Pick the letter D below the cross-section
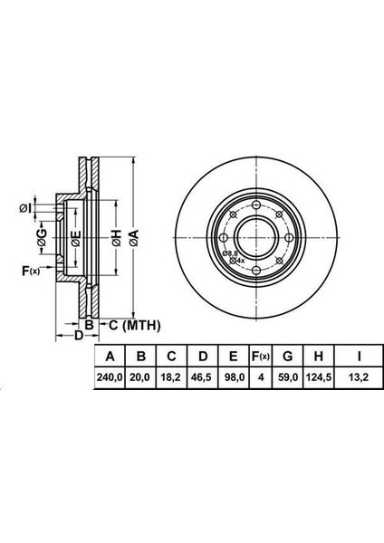pyautogui.click(x=79, y=337)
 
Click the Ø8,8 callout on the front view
pyautogui.click(x=232, y=253)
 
